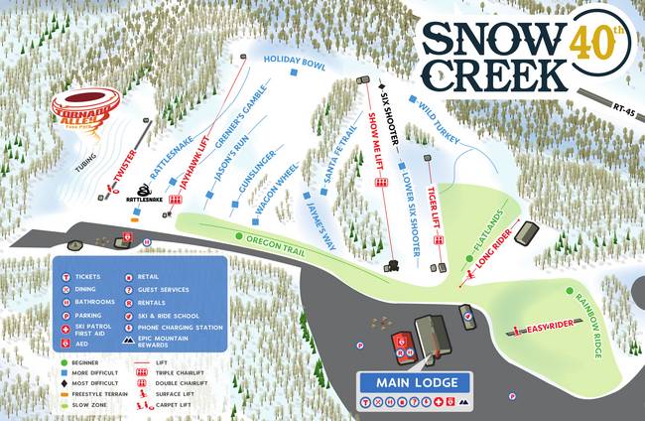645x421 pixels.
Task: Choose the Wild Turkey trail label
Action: click(436, 119)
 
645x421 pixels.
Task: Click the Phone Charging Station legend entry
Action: click(173, 328)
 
